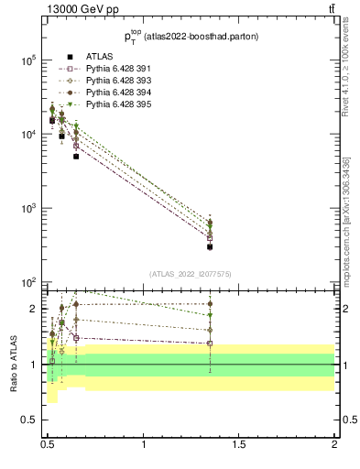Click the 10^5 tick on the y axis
pos(27,60)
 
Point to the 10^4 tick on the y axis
pos(27,135)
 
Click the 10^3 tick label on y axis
pos(27,209)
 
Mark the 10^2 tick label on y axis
pos(27,282)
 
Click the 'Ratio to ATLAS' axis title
pos(12,364)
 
